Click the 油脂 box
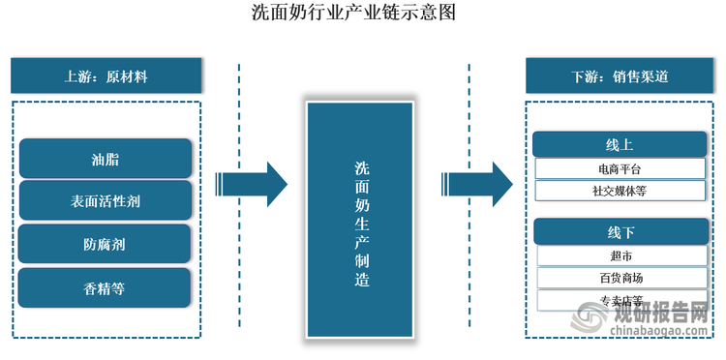[x=106, y=159]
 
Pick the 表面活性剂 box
[x=106, y=202]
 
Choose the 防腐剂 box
[x=106, y=245]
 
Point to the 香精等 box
[x=106, y=288]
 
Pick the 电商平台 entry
[x=620, y=169]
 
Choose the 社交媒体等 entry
[x=620, y=191]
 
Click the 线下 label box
[x=620, y=233]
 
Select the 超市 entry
[x=620, y=256]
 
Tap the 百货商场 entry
[x=620, y=279]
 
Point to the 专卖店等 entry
[x=620, y=300]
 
